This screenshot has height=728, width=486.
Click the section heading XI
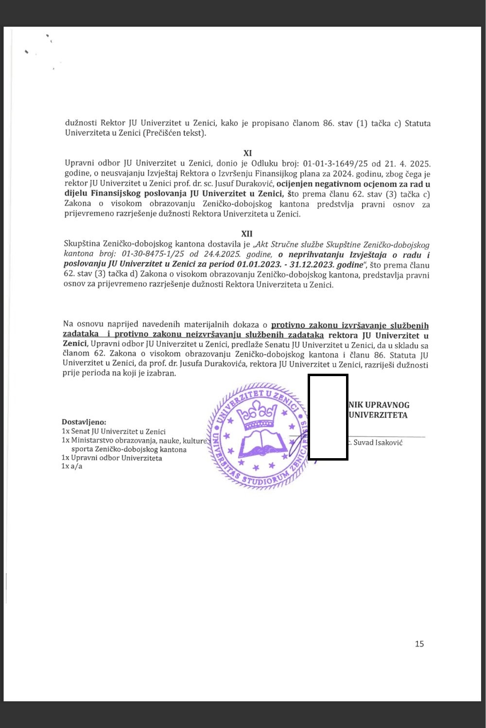tap(247, 153)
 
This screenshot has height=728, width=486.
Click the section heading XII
tap(247, 234)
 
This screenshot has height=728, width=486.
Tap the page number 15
tap(419, 644)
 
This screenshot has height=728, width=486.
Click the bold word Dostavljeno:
tap(84, 422)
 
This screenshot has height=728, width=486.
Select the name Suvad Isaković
tap(378, 443)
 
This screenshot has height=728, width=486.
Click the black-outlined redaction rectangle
tap(328, 417)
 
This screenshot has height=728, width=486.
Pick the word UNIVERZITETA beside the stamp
tap(378, 415)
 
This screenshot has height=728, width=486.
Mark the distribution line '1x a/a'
tap(72, 466)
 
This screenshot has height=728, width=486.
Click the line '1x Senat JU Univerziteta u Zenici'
tap(114, 431)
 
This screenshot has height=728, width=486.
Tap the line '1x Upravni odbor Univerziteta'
tap(112, 458)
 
